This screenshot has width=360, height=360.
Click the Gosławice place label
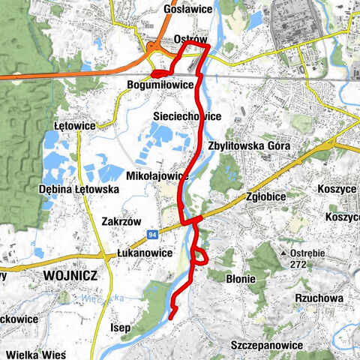tap(184, 10)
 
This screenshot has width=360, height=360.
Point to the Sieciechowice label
tap(186, 117)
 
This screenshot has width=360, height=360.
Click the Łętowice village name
tap(75, 125)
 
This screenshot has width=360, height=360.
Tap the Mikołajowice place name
tap(156, 175)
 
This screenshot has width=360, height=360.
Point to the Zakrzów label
tap(121, 222)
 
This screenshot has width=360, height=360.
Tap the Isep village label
tap(121, 328)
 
